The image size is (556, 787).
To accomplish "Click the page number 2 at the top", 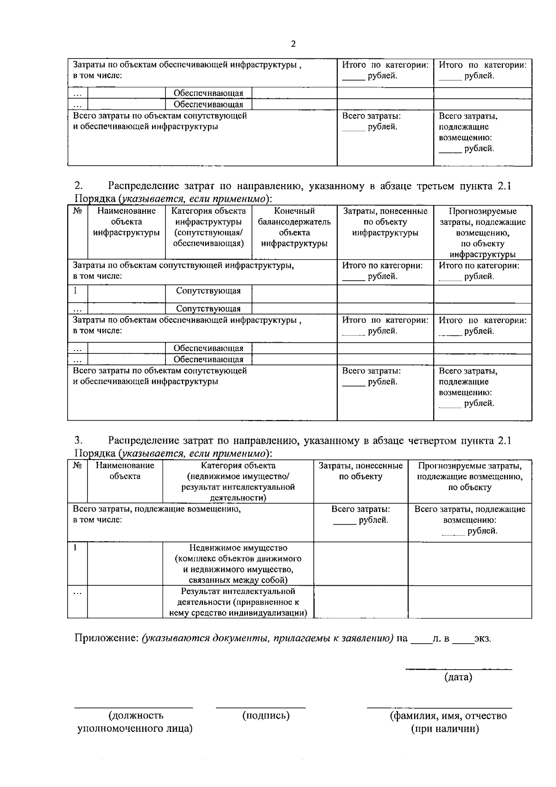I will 292,44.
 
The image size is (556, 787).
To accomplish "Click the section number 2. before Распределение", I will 79,186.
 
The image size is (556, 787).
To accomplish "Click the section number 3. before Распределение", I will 79,440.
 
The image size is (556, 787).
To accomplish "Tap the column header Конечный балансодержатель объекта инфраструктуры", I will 294,227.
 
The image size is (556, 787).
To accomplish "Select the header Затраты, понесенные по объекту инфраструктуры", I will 385,222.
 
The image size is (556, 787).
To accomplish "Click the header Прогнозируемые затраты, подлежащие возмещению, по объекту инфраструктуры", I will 482,233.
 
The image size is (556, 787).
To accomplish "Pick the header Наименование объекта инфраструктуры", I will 126,222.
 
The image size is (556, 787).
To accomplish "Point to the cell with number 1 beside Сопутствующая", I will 75,290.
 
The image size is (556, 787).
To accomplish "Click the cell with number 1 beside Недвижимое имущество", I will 75,547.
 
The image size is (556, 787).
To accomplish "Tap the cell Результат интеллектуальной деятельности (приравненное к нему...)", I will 238,602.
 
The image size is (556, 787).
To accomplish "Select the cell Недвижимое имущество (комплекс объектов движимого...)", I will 238,563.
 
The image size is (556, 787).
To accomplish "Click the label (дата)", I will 458,677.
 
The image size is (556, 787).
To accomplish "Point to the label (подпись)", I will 265,716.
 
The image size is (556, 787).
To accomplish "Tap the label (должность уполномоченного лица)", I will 135,722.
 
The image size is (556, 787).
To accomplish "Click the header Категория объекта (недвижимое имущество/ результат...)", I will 238,481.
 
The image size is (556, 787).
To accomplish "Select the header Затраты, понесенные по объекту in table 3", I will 360,471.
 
